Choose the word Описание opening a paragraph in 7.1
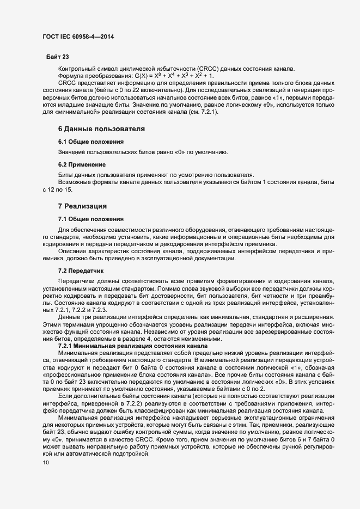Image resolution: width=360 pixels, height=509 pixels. click(x=74, y=250)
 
